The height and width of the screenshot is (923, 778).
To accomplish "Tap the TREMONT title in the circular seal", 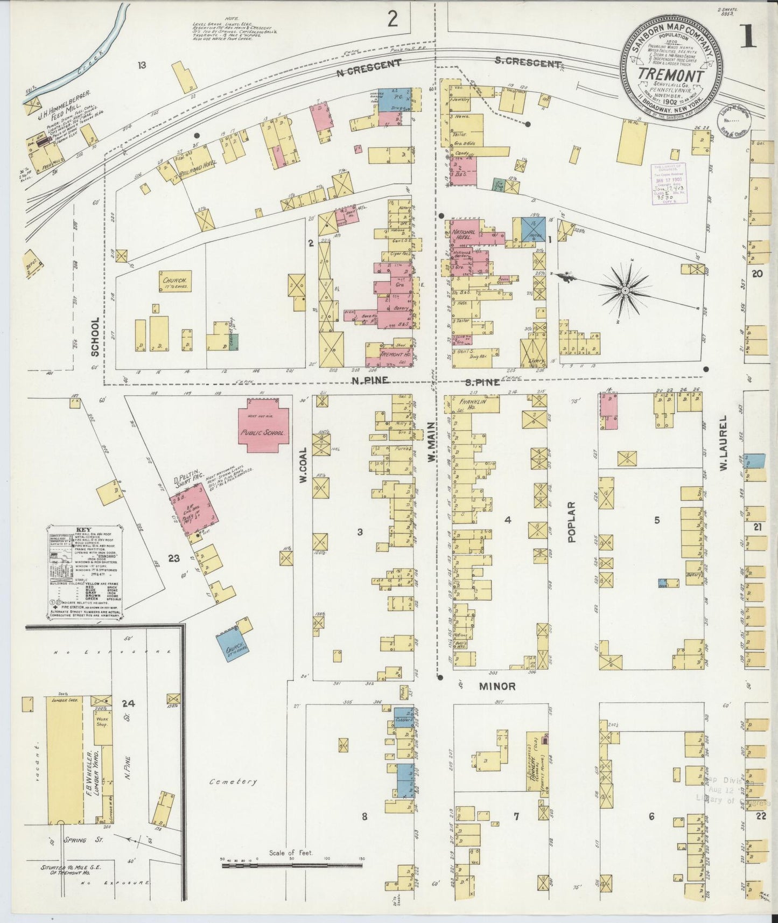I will [671, 76].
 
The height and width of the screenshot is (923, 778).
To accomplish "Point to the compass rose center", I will [625, 291].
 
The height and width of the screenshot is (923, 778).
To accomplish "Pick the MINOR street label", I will [498, 687].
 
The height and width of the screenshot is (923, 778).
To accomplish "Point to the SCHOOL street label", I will [96, 337].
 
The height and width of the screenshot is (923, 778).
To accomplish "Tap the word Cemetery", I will [233, 781].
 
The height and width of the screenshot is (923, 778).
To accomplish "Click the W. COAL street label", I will [304, 465].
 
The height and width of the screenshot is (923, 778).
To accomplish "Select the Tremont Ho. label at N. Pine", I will [395, 355].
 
